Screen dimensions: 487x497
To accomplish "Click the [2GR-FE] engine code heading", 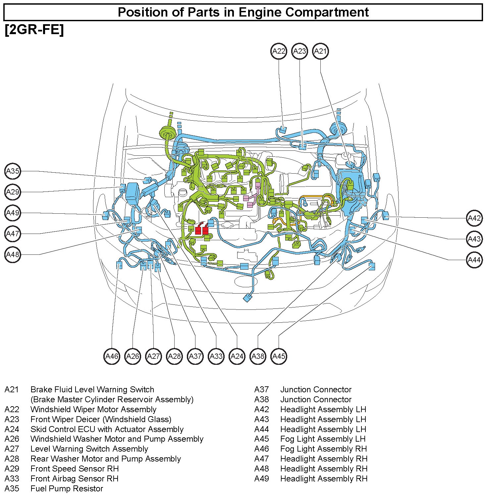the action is pyautogui.click(x=34, y=30).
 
